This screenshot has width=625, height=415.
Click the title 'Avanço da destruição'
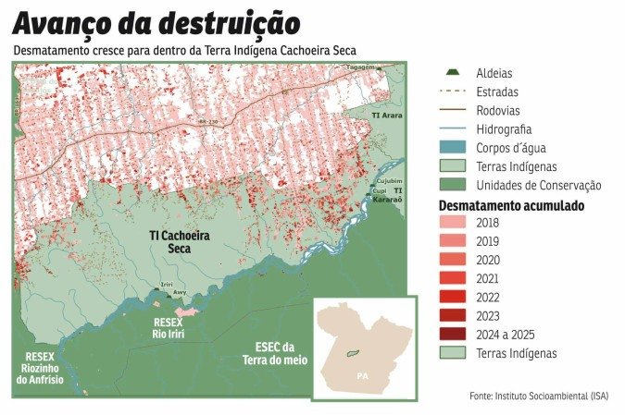tap(156, 21)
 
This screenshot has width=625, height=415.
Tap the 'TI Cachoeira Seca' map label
tap(180, 243)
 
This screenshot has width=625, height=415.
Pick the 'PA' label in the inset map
tap(363, 376)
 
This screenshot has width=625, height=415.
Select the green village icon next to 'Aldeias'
tap(453, 73)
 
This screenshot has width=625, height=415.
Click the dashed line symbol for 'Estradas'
tap(453, 92)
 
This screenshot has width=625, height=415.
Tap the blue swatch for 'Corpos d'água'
tap(453, 148)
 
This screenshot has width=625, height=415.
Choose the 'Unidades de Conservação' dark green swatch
tap(453, 186)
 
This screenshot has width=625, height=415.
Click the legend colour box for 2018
tap(453, 224)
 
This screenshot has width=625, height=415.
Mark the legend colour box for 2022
tap(453, 298)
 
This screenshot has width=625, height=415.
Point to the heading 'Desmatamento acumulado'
tap(510, 205)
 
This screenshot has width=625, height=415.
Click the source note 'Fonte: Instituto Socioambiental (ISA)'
tap(540, 396)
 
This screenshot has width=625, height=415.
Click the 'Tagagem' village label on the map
tap(361, 67)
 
